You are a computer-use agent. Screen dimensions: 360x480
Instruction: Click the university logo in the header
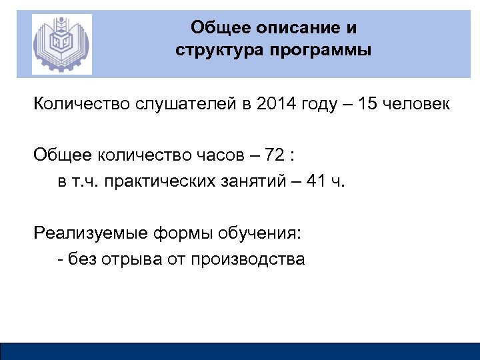coord(61,43)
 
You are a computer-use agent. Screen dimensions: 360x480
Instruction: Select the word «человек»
coord(417,105)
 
